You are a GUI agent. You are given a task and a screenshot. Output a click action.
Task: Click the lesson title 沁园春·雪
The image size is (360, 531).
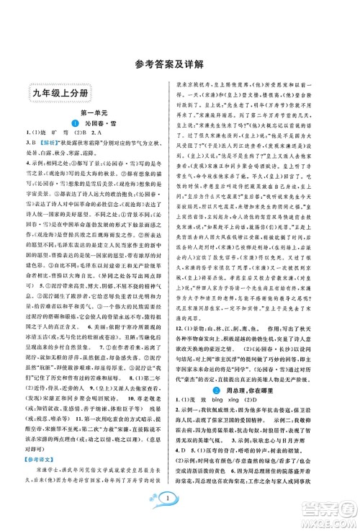pos(99,125)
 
